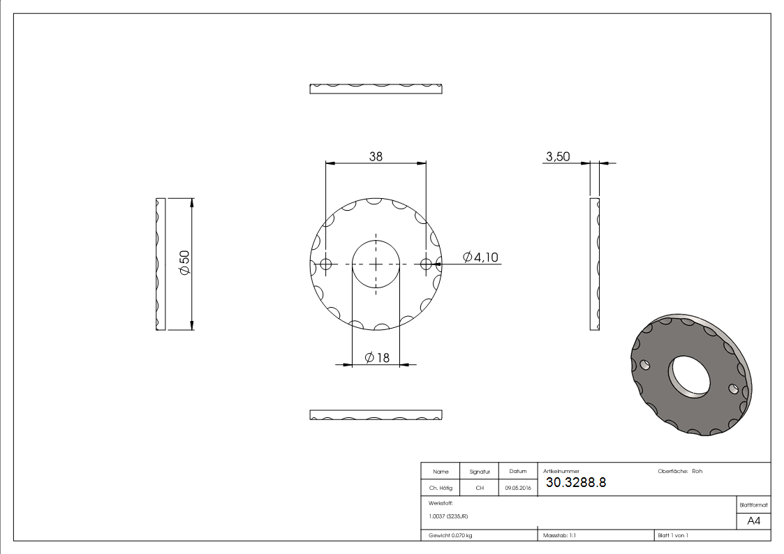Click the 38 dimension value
click(376, 156)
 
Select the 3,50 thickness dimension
click(557, 157)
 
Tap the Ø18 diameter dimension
click(377, 358)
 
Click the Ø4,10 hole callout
click(481, 257)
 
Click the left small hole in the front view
click(325, 264)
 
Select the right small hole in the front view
click(426, 264)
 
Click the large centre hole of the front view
click(376, 264)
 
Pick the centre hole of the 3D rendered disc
click(690, 377)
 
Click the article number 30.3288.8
click(575, 482)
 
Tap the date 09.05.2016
click(518, 488)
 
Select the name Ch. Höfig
click(441, 488)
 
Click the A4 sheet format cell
click(754, 521)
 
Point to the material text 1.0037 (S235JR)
click(448, 516)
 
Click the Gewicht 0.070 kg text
click(450, 535)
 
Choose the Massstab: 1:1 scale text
click(559, 535)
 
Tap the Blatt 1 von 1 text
click(672, 535)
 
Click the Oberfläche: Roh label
click(679, 471)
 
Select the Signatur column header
click(480, 472)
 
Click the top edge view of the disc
click(376, 89)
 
